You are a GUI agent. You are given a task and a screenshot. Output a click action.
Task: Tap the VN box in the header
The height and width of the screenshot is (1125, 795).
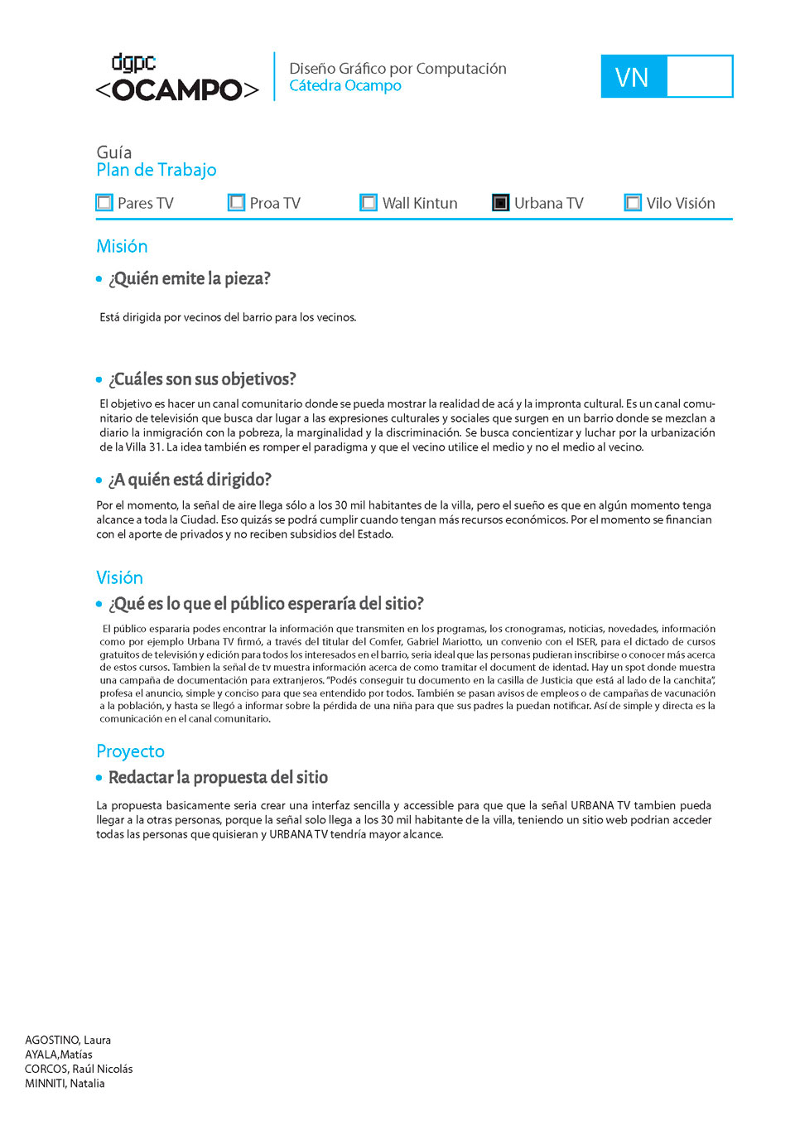[667, 77]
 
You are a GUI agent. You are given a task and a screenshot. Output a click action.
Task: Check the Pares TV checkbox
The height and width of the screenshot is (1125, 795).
[104, 203]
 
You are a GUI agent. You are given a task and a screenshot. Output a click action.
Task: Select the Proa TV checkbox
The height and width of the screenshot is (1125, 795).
[237, 203]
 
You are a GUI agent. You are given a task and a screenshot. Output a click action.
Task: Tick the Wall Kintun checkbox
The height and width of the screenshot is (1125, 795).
[369, 203]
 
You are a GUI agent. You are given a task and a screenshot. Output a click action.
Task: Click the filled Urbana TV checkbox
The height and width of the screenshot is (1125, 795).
[501, 203]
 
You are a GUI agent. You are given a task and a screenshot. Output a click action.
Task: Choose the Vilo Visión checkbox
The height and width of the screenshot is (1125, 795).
[633, 203]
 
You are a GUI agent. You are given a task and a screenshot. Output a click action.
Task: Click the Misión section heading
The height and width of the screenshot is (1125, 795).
[122, 247]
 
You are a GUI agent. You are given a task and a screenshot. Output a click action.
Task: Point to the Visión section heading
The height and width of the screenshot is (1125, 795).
[119, 578]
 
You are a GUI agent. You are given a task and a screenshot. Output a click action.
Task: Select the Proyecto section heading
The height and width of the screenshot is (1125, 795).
[130, 751]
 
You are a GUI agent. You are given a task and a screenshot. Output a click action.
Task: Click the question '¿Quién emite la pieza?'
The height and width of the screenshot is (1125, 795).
[190, 279]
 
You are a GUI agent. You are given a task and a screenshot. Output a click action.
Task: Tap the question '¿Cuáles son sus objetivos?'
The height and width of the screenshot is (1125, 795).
[202, 379]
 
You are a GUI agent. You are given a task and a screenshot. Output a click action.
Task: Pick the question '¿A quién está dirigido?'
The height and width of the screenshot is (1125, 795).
[190, 480]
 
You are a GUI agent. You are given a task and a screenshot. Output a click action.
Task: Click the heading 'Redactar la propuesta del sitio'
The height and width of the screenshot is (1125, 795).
[218, 778]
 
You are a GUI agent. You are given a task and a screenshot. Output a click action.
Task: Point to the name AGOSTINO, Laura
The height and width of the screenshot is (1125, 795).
[68, 1041]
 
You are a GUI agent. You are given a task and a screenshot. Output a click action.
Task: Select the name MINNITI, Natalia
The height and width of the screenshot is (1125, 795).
[65, 1084]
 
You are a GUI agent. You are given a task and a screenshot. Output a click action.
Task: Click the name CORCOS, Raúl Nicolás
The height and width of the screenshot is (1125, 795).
[79, 1069]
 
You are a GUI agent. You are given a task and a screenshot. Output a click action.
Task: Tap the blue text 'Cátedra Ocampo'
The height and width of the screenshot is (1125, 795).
[345, 86]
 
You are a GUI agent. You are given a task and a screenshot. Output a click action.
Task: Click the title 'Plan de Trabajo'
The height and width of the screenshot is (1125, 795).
[157, 170]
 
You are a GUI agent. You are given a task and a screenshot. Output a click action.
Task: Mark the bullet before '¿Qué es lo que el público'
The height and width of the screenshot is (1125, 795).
[99, 605]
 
